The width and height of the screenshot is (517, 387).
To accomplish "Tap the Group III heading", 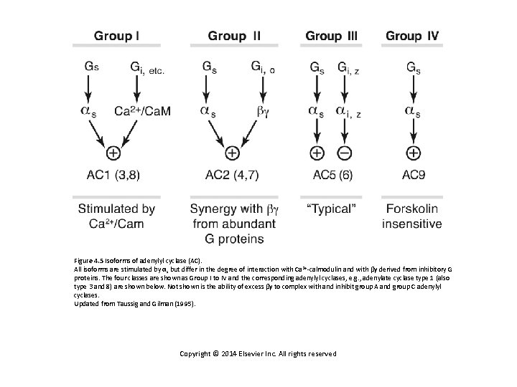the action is (x=333, y=35).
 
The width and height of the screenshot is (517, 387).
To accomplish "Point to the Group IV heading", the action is (x=414, y=35).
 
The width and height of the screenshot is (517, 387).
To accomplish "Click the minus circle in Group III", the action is (x=345, y=153).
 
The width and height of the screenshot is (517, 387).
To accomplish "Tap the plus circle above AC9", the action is (x=414, y=153).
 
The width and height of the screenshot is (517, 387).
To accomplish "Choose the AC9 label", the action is (x=414, y=173).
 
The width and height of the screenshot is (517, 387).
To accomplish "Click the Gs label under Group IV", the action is (x=414, y=67).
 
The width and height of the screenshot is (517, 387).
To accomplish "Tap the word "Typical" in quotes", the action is (x=332, y=209).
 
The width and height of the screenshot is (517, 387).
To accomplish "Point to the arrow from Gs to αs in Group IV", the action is (x=414, y=89).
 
